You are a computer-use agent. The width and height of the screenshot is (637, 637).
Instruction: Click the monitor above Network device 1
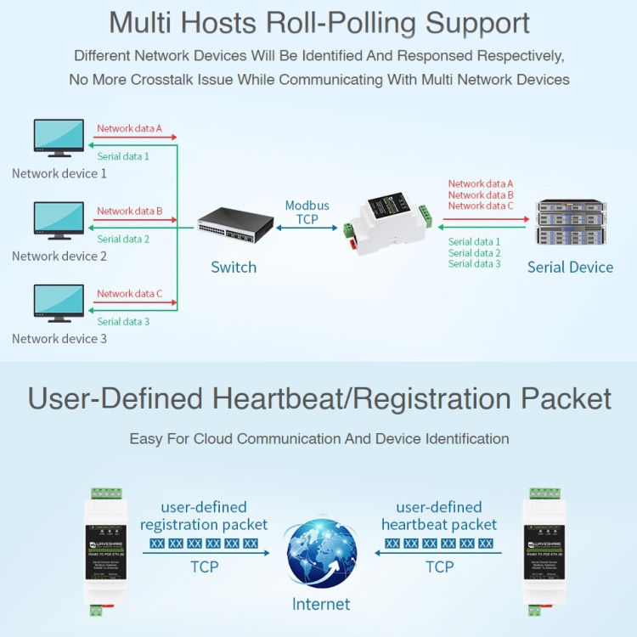(59, 138)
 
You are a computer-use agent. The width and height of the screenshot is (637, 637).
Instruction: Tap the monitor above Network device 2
(59, 220)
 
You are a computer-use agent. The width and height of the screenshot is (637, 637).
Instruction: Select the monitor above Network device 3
(59, 302)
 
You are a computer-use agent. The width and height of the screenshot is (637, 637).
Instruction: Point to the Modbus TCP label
(307, 212)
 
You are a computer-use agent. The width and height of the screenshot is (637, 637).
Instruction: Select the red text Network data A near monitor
(129, 129)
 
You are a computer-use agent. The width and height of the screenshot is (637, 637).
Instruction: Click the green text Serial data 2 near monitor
(123, 240)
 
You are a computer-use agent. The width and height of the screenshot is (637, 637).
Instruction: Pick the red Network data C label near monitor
(129, 294)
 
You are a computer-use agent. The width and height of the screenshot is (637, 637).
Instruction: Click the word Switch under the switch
(234, 268)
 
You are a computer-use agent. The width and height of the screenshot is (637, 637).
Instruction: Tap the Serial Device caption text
(570, 268)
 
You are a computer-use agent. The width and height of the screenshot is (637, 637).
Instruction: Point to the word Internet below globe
(320, 605)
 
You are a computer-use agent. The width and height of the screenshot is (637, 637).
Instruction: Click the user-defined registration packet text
(204, 516)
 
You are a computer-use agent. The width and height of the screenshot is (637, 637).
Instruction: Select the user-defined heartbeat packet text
(439, 516)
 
